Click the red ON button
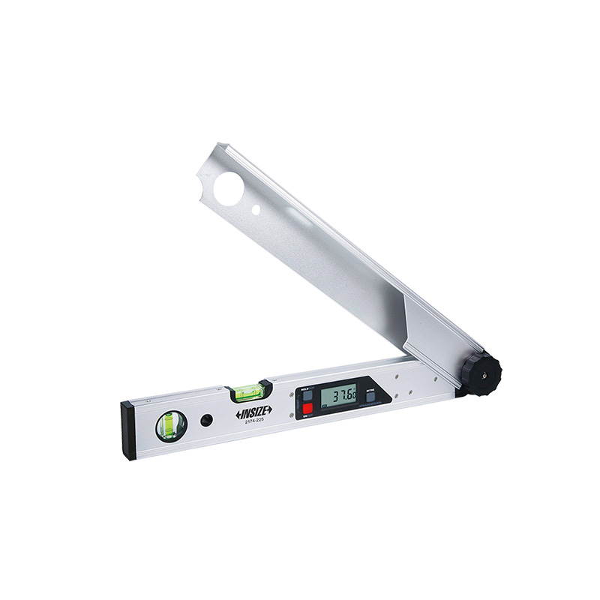[x=307, y=408]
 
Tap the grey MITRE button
[x=370, y=397]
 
